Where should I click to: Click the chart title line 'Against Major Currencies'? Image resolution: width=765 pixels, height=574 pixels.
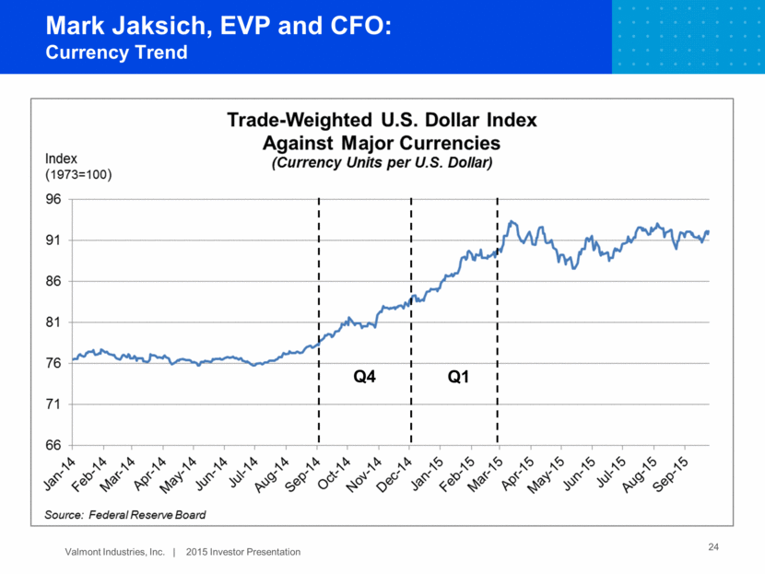382,144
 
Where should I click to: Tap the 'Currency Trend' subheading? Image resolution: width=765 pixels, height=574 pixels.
116,52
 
